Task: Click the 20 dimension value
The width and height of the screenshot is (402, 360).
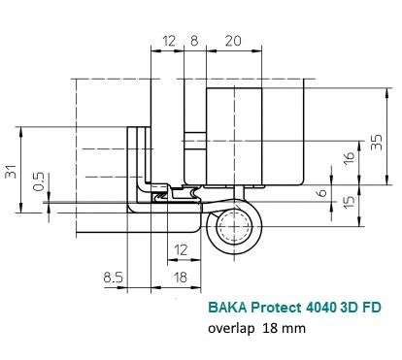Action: point(233,41)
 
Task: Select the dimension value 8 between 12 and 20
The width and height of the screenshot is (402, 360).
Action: point(194,41)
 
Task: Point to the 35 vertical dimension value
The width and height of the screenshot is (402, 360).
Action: point(377,142)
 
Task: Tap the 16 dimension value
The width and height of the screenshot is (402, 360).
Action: point(350,157)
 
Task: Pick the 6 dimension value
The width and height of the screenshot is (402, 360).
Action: point(321,193)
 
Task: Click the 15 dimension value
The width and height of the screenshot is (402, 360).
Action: point(349,202)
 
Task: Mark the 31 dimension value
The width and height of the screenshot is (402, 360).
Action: point(11,171)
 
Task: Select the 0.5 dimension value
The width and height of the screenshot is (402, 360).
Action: point(39,181)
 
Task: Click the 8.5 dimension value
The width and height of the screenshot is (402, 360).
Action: point(114,278)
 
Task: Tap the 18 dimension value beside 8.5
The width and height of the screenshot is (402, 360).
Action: point(180,278)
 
